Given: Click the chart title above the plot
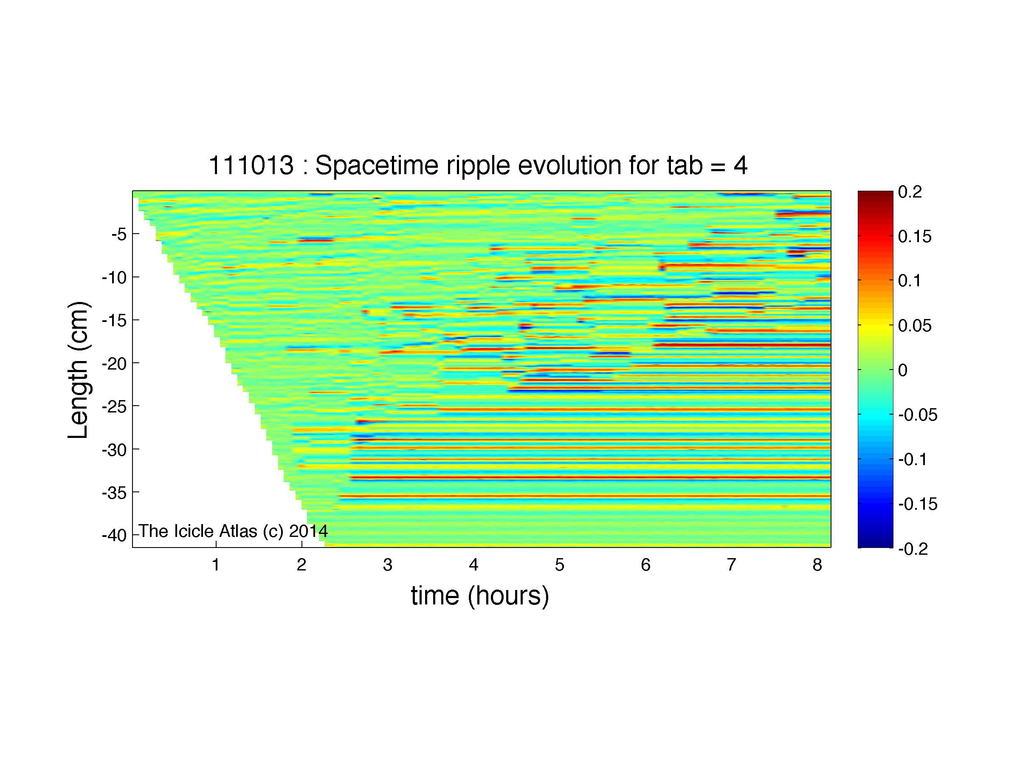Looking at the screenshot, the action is point(478,165).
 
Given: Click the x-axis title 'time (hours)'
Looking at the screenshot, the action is point(480,596).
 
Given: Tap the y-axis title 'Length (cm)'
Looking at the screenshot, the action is point(78,370).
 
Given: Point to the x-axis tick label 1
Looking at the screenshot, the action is point(215,565).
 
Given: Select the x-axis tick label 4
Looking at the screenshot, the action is point(473,565).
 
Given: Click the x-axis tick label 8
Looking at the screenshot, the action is point(817,565).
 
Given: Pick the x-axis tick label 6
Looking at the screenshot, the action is point(645,565).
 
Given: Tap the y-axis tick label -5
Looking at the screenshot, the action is point(119,234).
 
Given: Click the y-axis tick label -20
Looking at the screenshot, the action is point(114,363).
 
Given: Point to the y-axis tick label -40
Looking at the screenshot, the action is point(114,536).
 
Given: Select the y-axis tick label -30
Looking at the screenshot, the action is point(114,449).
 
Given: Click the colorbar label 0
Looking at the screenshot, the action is point(903,370).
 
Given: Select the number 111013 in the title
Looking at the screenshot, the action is point(251,165).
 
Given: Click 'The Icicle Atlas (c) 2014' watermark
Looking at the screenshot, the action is point(233,531).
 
